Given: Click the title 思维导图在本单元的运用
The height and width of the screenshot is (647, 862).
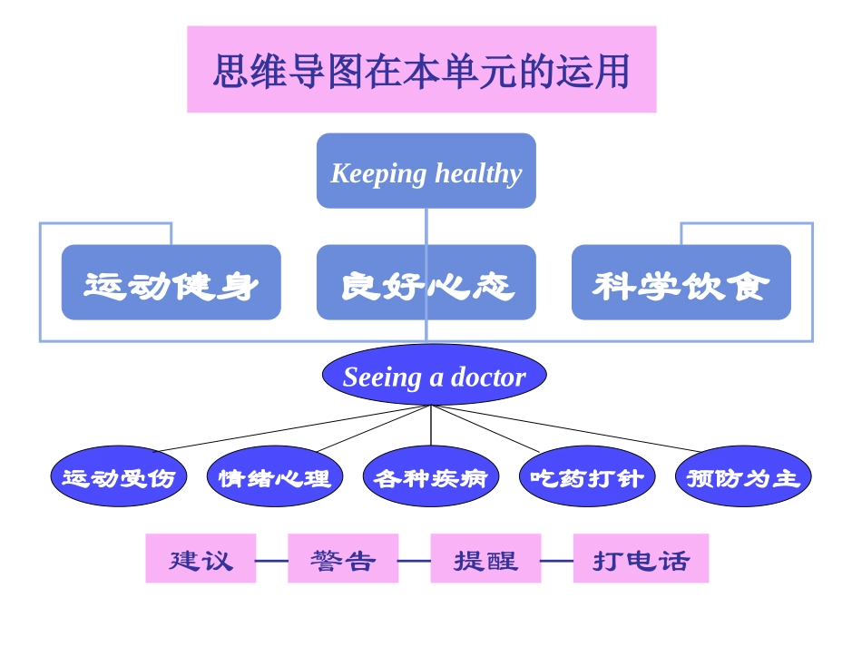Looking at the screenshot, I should coord(421,70).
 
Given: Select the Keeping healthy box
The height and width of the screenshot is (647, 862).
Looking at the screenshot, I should coord(426,172).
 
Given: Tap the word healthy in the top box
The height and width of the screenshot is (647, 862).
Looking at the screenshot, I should coord(478,172).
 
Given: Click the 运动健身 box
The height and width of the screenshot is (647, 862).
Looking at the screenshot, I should coord(171,283).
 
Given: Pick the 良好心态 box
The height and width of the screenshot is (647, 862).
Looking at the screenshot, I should coord(426,283).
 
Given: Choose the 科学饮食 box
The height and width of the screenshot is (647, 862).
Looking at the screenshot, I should coord(681,283).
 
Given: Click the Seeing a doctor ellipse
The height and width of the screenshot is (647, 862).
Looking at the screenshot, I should coord(434,376).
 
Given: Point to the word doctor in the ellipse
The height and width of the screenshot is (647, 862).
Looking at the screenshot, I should coord(487,377).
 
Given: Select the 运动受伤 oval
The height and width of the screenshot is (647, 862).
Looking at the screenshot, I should coord(119,476).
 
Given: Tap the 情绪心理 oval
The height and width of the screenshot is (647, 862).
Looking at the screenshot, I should coord(275,476).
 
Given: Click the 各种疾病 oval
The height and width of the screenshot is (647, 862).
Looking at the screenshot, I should coord(430,476).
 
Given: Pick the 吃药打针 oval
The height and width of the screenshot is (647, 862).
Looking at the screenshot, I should coord(586,476).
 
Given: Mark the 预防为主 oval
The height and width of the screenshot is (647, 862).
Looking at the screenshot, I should coord(742,476).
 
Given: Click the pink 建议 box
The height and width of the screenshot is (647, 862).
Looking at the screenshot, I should coord(201,559).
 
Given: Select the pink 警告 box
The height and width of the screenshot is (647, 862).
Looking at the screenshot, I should coord(343,559).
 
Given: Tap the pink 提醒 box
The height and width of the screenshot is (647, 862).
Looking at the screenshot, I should coord(485,559).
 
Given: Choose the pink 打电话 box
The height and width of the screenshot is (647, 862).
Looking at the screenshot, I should coord(641,559).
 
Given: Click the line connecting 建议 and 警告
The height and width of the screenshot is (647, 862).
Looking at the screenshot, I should coord(271,561).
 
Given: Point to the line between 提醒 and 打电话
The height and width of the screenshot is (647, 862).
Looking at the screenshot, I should coord(557,561).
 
